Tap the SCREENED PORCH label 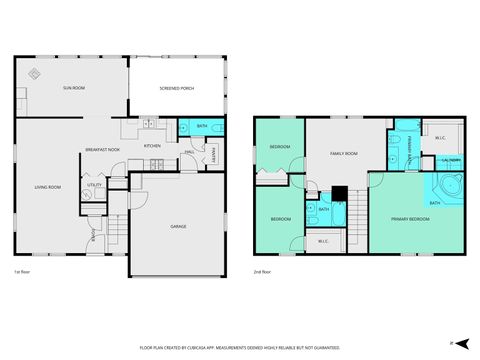[176, 90]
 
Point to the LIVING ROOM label [49, 187]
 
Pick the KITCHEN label [152, 146]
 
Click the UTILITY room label [94, 185]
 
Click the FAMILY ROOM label [345, 152]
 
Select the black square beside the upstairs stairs [340, 193]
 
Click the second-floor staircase [355, 213]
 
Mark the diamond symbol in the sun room [33, 73]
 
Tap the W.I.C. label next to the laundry [440, 137]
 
